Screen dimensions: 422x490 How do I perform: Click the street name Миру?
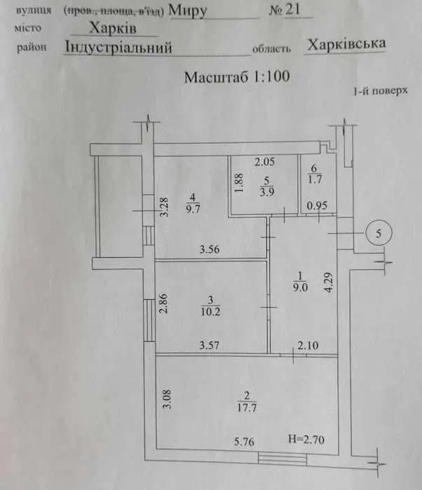click(x=188, y=11)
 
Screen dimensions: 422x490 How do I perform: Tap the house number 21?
click(x=292, y=9)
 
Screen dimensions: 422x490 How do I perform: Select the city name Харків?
click(x=113, y=29)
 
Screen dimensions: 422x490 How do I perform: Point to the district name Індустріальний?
click(x=118, y=48)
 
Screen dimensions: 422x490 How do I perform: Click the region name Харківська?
click(x=346, y=44)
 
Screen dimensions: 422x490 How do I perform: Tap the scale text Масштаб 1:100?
click(x=237, y=77)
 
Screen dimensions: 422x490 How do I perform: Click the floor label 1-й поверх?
click(x=381, y=91)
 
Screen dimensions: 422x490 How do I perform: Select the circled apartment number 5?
click(x=379, y=233)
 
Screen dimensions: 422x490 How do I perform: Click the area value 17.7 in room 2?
click(x=247, y=408)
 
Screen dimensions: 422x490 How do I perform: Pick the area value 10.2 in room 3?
click(x=210, y=311)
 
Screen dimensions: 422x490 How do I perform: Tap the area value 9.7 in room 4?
click(x=193, y=209)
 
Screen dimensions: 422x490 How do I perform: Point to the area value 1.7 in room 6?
click(x=315, y=179)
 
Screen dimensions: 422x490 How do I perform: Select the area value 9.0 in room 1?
click(x=300, y=287)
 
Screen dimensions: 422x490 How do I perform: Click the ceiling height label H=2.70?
click(x=306, y=440)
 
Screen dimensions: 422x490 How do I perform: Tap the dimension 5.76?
click(x=244, y=442)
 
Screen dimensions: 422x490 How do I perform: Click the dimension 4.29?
click(x=328, y=283)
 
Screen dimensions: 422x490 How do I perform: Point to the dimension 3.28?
click(x=164, y=207)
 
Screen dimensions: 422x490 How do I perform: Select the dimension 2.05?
click(x=264, y=161)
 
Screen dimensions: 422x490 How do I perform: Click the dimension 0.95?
click(x=317, y=205)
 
